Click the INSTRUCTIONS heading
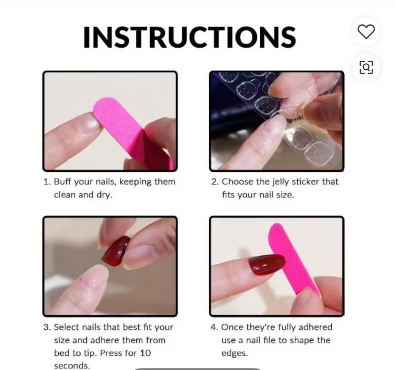pos(190,37)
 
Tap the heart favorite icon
pos(366,32)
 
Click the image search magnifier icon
pos(366,67)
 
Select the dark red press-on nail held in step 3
pos(116,251)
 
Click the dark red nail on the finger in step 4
pos(266,264)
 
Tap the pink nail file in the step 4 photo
pos(293,260)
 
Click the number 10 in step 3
pos(145,353)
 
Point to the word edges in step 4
pos(235,354)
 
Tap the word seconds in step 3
pos(72,366)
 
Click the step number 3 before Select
pos(47,327)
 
